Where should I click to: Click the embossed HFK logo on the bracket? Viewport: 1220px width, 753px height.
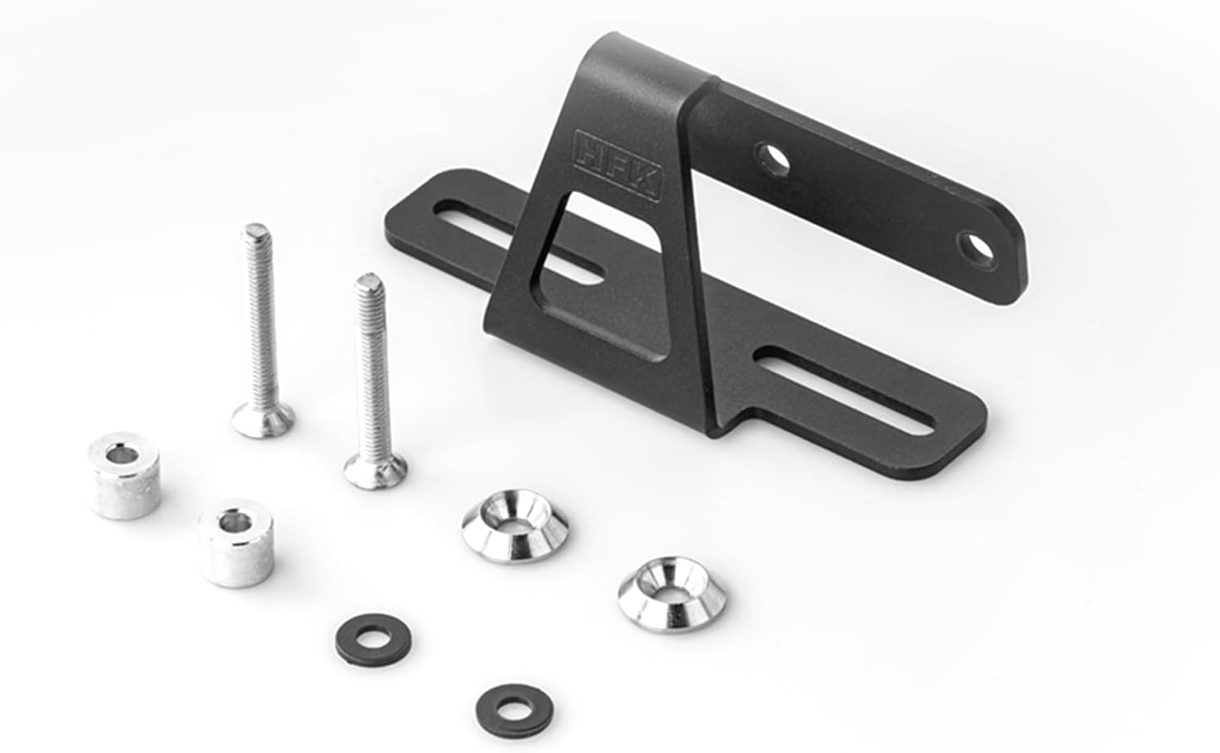pyautogui.click(x=618, y=165)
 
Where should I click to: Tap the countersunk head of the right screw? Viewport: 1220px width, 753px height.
pyautogui.click(x=375, y=471)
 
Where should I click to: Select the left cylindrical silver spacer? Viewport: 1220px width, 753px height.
pyautogui.click(x=125, y=475)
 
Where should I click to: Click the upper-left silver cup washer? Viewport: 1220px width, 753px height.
pyautogui.click(x=515, y=526)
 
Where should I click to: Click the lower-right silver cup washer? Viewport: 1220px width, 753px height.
pyautogui.click(x=672, y=594)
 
